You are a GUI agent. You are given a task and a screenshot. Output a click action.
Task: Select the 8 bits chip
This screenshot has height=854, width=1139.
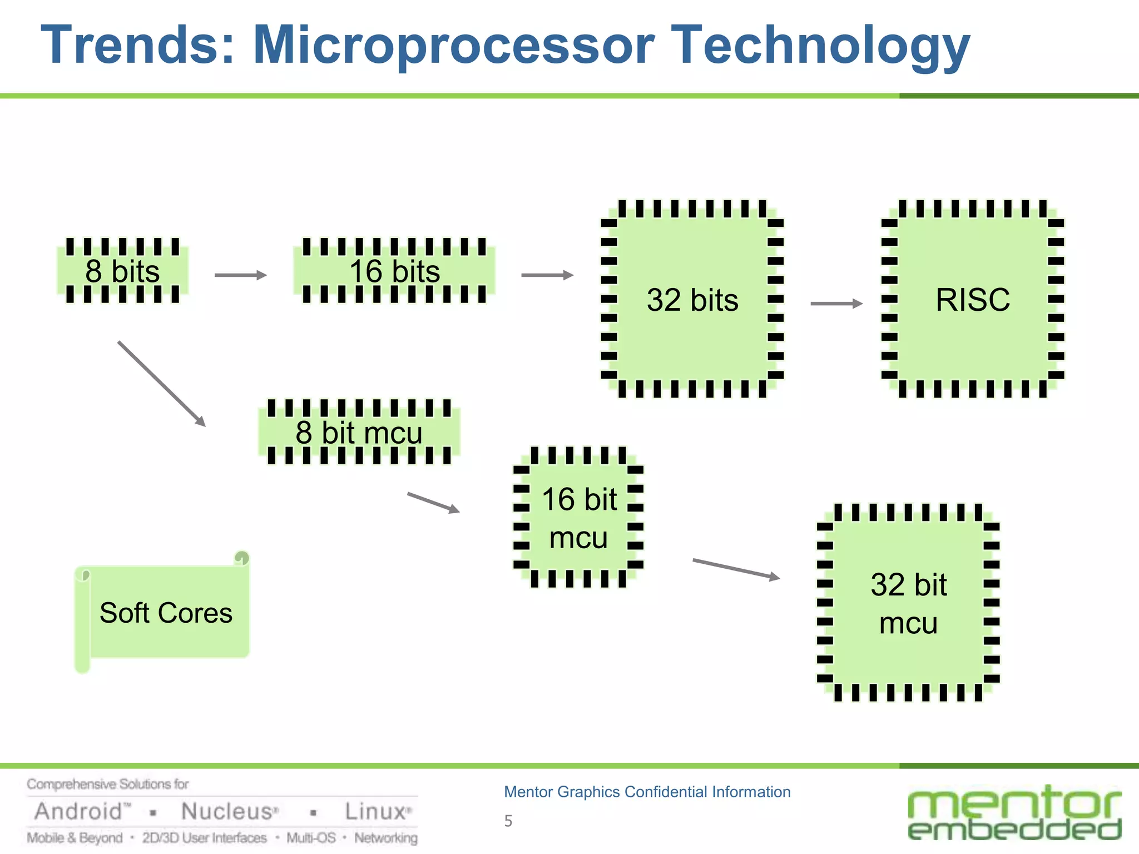(x=122, y=271)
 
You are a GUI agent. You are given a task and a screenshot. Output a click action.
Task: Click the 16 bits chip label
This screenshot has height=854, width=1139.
(x=394, y=271)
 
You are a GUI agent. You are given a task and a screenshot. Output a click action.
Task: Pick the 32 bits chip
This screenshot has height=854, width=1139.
(x=692, y=300)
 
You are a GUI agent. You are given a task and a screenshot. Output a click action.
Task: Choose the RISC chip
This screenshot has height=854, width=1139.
(x=972, y=300)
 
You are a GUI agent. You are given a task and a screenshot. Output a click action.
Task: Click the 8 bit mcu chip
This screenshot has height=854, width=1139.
(x=359, y=432)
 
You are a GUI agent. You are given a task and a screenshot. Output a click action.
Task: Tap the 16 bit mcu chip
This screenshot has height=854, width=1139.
(x=578, y=518)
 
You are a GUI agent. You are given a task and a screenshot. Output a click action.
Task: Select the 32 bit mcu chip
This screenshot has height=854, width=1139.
(x=908, y=603)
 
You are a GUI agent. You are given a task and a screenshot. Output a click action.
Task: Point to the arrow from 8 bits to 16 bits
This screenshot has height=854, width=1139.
(x=240, y=275)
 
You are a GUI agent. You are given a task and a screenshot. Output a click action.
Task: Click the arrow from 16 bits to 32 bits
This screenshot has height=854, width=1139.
(x=547, y=275)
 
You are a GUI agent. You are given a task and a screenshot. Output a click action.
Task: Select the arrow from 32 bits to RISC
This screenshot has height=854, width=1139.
(x=836, y=304)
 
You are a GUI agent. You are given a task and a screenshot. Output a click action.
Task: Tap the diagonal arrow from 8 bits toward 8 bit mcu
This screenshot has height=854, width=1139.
(x=161, y=384)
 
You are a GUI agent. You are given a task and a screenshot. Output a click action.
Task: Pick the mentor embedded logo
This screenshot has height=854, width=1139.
(x=1014, y=812)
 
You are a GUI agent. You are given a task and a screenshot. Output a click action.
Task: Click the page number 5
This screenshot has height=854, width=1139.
(x=508, y=821)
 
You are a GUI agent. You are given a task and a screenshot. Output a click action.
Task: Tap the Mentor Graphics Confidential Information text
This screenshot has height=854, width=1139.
(x=647, y=792)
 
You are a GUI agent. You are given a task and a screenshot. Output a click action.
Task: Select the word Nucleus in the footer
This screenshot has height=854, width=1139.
(x=228, y=812)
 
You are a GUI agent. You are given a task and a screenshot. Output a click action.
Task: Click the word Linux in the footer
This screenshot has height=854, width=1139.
(x=376, y=812)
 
